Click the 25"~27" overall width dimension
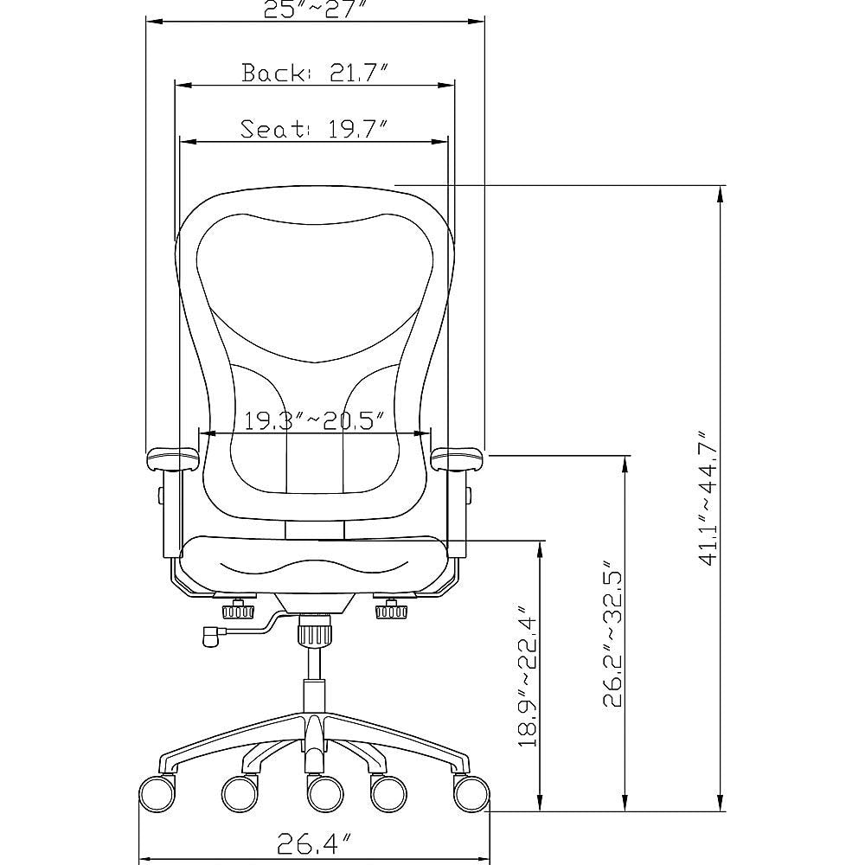tap(315, 9)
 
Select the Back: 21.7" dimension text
tap(313, 74)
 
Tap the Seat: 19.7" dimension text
tap(312, 130)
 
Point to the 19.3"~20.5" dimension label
tap(314, 421)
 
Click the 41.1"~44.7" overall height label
tap(707, 499)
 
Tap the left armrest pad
tap(174, 458)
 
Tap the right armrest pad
tap(458, 458)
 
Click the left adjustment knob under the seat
tap(240, 612)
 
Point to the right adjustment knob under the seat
tap(392, 612)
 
